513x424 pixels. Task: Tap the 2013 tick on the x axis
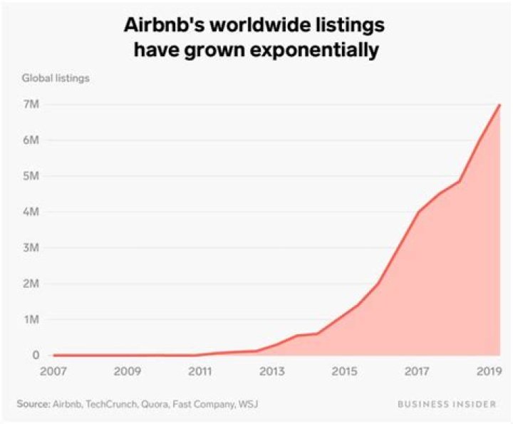[272, 371]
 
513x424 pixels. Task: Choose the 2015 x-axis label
[344, 371]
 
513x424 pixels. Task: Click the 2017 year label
[417, 371]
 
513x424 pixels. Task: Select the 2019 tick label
[488, 371]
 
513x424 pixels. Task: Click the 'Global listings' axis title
[55, 78]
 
